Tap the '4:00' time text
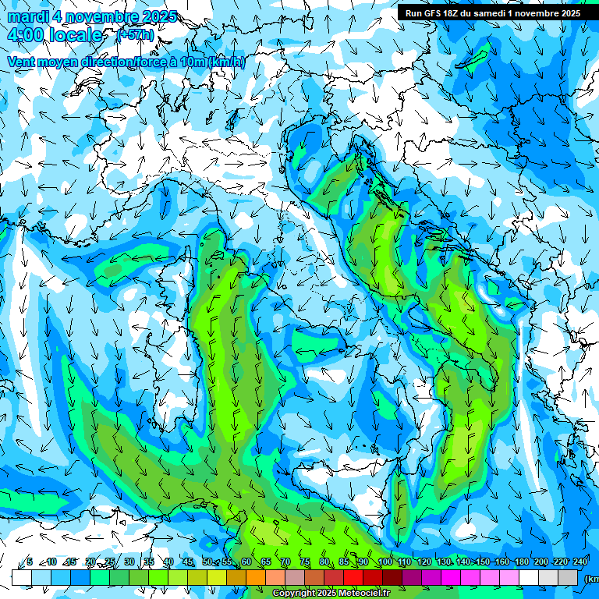[25, 35]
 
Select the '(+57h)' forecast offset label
[135, 35]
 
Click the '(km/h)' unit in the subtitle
[227, 62]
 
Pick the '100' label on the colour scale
[385, 562]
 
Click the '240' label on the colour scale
[580, 562]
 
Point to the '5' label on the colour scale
[29, 562]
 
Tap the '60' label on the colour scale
[246, 562]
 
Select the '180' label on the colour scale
[520, 562]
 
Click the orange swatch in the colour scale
[256, 577]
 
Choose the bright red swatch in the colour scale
[354, 577]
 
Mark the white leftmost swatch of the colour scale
[21, 577]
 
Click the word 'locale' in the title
[75, 35]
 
